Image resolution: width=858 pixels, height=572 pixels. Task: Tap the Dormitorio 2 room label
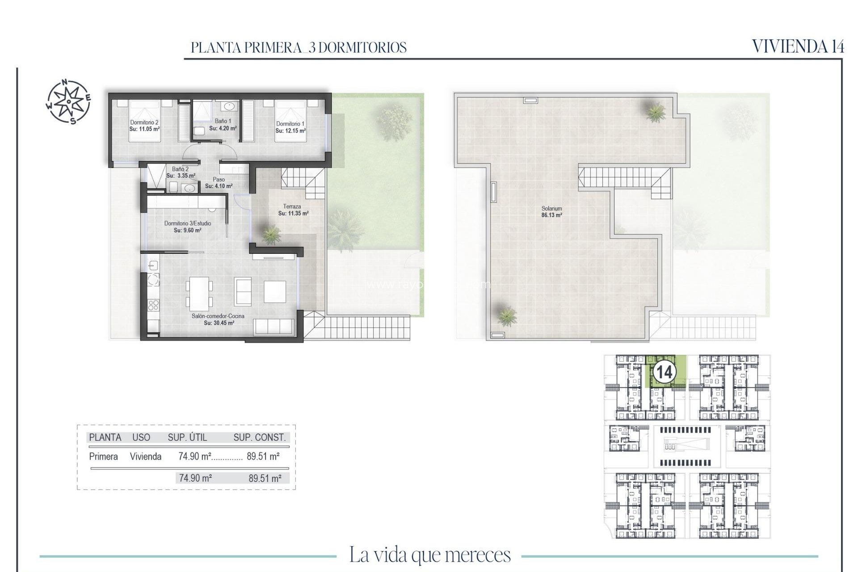(144, 122)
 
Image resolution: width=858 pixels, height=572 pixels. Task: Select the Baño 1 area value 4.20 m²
(223, 128)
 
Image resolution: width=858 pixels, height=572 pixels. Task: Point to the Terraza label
(292, 206)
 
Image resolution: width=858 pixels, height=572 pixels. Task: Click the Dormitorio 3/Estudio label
(188, 223)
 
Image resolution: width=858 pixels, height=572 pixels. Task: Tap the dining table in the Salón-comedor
(199, 294)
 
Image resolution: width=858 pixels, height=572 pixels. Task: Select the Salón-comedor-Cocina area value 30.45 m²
(219, 323)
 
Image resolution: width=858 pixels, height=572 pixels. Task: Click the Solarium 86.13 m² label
(551, 212)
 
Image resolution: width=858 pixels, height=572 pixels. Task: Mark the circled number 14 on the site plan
(664, 372)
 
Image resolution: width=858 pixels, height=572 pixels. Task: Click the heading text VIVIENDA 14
(798, 46)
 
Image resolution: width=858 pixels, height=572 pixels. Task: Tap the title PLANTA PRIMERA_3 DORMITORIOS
(299, 47)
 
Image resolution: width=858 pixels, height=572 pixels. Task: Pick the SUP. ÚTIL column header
(187, 437)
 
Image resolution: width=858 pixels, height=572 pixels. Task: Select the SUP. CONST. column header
(259, 437)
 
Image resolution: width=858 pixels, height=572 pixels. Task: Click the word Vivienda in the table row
(146, 457)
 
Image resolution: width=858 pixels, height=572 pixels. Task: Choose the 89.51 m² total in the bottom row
(265, 478)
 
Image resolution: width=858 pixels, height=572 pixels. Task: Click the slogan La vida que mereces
(429, 555)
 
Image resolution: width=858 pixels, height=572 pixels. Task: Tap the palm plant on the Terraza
(271, 234)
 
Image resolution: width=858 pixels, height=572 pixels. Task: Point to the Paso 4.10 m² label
(219, 183)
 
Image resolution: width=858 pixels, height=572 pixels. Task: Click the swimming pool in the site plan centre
(686, 446)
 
